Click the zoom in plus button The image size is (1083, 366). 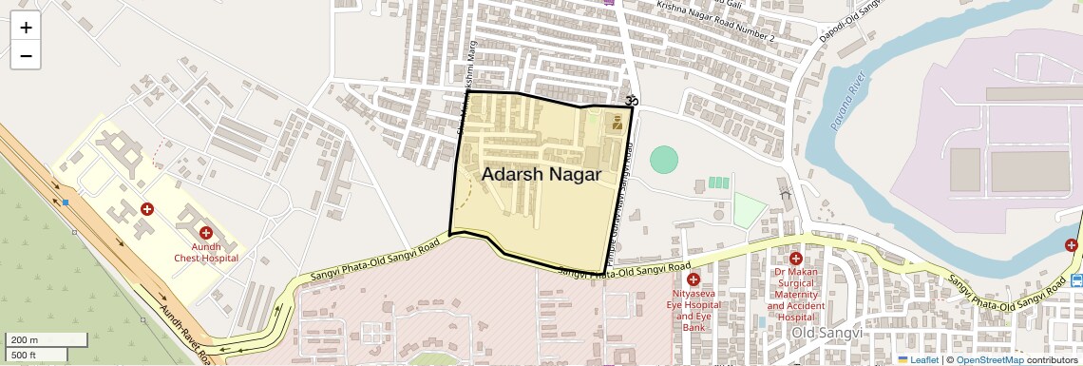26,27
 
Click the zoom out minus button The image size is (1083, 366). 26,55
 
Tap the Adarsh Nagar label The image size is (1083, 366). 541,175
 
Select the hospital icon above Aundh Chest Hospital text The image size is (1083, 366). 205,232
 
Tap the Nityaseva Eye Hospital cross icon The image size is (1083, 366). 693,279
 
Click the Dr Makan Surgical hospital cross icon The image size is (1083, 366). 795,259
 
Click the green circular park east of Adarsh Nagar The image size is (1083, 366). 664,159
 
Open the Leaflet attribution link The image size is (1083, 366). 917,359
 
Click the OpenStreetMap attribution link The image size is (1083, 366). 989,359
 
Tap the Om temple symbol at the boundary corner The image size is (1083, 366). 628,100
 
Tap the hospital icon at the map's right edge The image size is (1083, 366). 1074,246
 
